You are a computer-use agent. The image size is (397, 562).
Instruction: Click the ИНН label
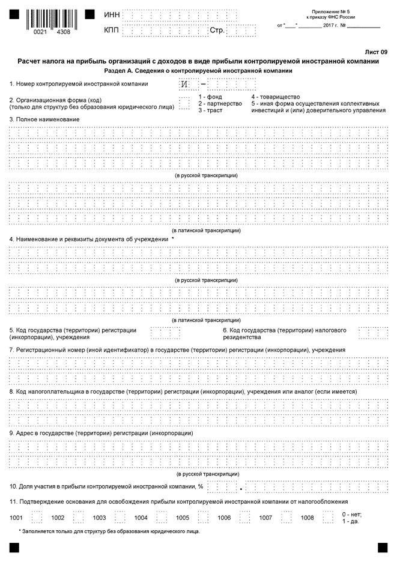(112, 14)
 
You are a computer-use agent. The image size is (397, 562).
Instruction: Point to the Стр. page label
(217, 30)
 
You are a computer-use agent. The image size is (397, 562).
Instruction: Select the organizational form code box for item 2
(184, 103)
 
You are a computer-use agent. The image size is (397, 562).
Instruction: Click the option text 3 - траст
(211, 110)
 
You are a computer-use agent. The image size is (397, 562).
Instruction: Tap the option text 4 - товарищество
(276, 97)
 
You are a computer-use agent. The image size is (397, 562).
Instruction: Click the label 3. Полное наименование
(44, 119)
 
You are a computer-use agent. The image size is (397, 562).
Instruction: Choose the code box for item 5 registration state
(165, 333)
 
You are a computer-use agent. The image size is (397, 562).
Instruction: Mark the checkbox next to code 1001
(37, 517)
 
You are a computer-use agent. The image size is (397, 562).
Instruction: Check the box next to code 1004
(161, 517)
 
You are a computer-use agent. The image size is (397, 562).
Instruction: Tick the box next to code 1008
(327, 517)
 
